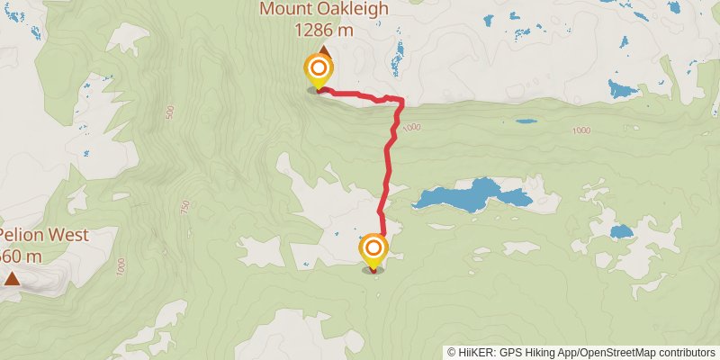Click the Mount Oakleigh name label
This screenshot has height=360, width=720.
tap(324, 10)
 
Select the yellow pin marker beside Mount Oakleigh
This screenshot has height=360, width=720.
tap(319, 69)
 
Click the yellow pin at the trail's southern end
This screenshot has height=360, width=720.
tap(373, 249)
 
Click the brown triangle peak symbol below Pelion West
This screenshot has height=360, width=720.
tap(12, 279)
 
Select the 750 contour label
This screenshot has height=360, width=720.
tap(185, 206)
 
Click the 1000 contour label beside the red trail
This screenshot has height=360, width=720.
tap(412, 128)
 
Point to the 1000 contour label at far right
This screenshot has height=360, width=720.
tap(580, 131)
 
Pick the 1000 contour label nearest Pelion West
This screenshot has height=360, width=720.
tap(120, 267)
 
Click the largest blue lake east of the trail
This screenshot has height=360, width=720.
tap(463, 195)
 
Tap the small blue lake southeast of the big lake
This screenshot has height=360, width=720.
tap(622, 231)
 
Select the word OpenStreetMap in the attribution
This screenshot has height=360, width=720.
tap(613, 353)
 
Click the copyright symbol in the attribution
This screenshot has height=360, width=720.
tap(452, 353)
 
